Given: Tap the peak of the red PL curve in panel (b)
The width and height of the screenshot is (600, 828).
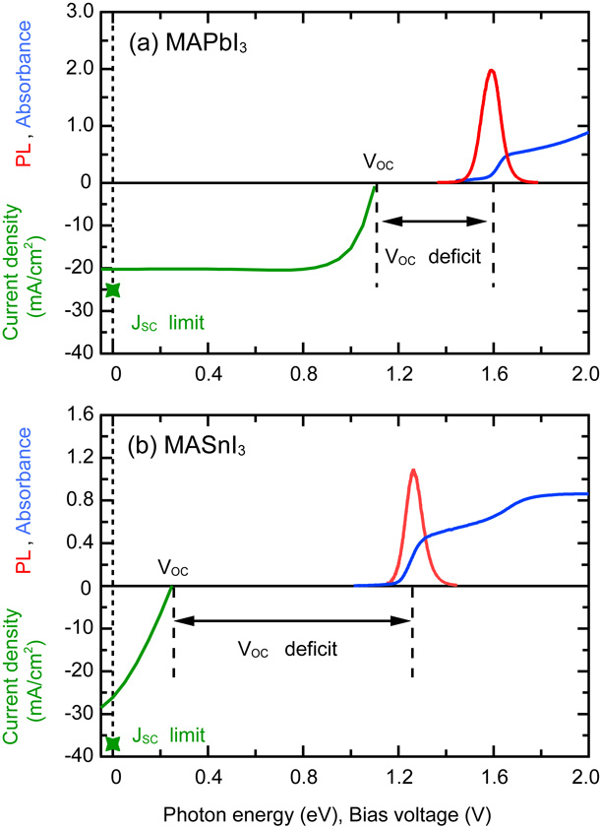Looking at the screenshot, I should (413, 471).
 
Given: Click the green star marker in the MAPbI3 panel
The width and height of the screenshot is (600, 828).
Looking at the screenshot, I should (112, 289).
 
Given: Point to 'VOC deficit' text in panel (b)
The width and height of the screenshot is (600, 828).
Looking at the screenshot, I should (287, 650).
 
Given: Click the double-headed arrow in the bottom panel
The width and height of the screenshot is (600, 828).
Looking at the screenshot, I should (292, 620).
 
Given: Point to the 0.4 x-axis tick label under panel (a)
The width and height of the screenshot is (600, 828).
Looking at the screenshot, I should (208, 374).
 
